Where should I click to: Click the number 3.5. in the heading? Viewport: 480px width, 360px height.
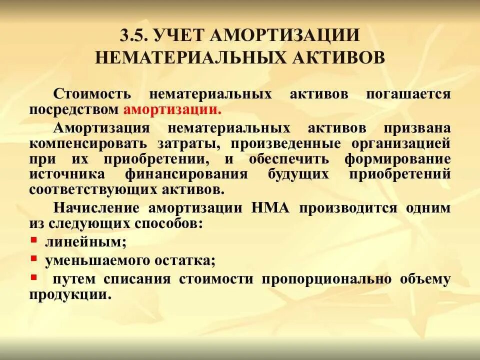[134, 36]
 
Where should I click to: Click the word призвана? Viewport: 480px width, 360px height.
[421, 127]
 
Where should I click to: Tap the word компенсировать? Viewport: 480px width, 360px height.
[88, 143]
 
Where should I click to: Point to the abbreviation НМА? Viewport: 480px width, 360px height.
[271, 207]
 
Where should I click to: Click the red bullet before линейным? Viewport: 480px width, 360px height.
[33, 240]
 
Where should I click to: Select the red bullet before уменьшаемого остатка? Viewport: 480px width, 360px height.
[33, 258]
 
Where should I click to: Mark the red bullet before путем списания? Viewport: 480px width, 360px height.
[33, 277]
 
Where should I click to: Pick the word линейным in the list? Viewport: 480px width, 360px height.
[85, 242]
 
